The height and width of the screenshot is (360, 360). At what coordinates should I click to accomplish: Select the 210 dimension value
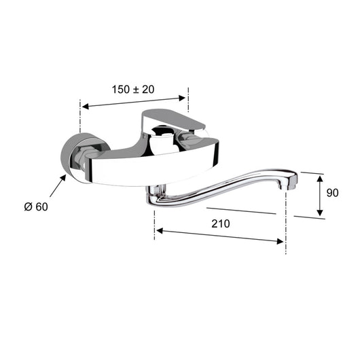pos(221,223)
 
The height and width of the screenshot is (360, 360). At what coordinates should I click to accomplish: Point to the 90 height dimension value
pos(333,193)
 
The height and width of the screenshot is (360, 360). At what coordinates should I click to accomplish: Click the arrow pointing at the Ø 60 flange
pos(58,182)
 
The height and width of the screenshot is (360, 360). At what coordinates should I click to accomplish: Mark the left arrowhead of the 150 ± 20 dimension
pos(84,105)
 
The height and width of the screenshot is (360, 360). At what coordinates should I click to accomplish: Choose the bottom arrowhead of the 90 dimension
pos(320,215)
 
